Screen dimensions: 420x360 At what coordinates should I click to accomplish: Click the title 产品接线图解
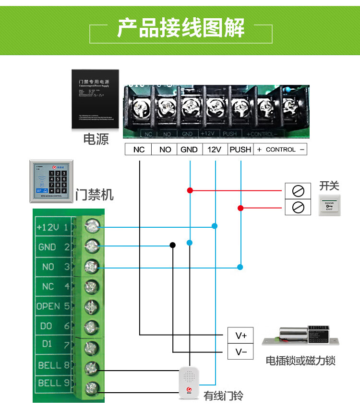pos(181,28)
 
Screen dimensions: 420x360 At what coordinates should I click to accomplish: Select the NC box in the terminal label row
pos(139,150)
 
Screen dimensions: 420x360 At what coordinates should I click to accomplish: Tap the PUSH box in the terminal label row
pos(240,150)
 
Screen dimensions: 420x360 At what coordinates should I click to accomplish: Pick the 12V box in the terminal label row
pos(214,150)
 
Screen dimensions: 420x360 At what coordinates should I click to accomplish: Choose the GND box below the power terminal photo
pos(189,150)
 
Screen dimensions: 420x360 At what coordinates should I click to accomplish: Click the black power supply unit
pos(95,99)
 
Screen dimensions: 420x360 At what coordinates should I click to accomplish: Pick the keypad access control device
pos(52,180)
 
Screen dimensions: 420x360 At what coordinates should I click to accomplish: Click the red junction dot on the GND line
pos(190,190)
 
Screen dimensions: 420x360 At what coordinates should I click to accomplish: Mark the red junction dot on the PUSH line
pos(240,208)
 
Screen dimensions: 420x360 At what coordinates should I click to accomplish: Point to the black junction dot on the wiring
pos(172,245)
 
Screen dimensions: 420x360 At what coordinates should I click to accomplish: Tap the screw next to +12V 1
pos(91,227)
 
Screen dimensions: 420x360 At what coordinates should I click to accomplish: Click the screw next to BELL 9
pos(91,387)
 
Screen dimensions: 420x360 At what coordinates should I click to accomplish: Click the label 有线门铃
pos(223,396)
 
